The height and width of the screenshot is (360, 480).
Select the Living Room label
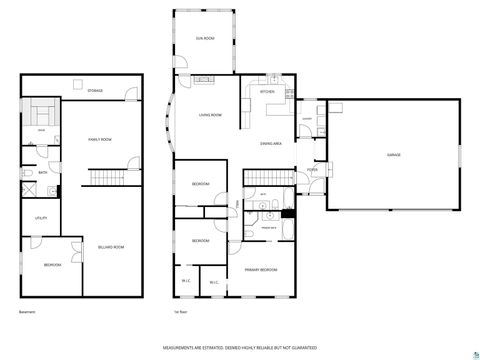210,115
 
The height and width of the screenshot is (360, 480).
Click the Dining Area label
270,144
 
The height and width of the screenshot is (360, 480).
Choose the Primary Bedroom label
262,270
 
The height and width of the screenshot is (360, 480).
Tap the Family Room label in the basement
100,139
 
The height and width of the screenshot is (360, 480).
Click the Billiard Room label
110,246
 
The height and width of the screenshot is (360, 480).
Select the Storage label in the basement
95,91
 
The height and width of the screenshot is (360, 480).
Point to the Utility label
41,217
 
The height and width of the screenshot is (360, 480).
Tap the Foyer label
312,170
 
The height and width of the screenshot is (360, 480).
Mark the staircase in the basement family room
104,180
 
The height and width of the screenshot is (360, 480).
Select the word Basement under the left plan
26,313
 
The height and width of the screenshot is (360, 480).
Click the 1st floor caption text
180,313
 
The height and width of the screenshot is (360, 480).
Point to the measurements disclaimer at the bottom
240,348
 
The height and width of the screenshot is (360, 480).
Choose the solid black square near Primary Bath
288,213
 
